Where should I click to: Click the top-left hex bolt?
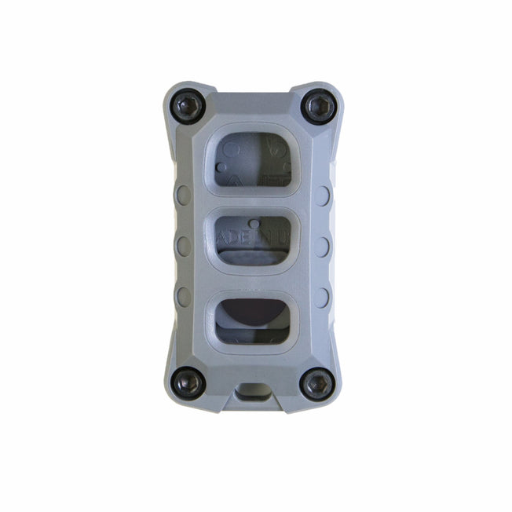click(190, 105)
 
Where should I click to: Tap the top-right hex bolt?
click(320, 105)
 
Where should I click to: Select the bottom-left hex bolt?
click(189, 382)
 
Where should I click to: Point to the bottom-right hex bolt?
click(319, 383)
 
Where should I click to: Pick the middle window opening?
click(253, 239)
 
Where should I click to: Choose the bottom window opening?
click(253, 320)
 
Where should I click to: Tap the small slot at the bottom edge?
click(254, 392)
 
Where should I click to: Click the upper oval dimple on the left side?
click(184, 195)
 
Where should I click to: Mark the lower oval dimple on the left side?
click(184, 296)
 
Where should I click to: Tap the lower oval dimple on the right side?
click(322, 296)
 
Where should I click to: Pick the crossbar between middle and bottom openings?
click(253, 281)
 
